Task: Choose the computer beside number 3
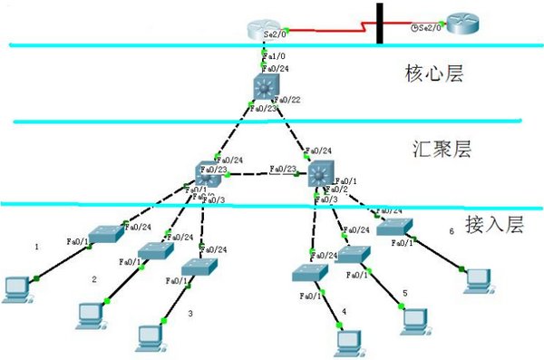pos(149,336)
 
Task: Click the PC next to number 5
pos(413,319)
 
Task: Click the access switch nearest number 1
pos(108,233)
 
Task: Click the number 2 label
pos(93,279)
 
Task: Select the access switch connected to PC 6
pos(395,228)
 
